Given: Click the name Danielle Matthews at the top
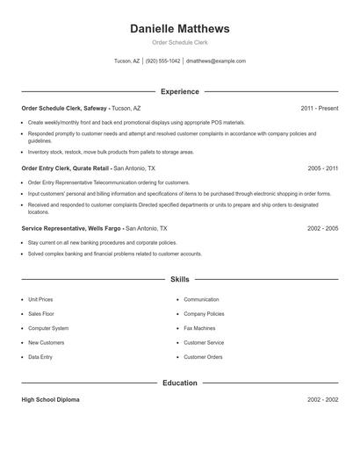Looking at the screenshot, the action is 179,28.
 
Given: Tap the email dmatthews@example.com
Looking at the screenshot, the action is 216,61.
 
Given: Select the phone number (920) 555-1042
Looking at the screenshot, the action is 163,61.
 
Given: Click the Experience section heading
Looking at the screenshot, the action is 179,91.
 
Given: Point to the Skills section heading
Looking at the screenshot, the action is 179,280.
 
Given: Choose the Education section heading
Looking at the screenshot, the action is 179,383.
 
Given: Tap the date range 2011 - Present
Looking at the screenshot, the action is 319,108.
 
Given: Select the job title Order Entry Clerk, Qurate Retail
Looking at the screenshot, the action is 66,168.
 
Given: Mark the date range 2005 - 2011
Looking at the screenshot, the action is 322,168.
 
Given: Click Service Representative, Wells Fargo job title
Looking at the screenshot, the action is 72,228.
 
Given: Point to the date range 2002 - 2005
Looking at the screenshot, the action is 322,228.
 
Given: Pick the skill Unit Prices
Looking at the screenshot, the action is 40,299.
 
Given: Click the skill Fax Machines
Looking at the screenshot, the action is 201,328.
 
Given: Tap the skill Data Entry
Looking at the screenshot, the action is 40,357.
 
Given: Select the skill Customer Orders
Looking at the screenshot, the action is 203,357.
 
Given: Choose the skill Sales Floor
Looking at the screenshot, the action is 40,313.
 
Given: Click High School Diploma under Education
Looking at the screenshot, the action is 50,399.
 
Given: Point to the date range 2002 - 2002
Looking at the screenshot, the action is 322,399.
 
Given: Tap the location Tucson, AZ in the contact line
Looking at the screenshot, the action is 126,61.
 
